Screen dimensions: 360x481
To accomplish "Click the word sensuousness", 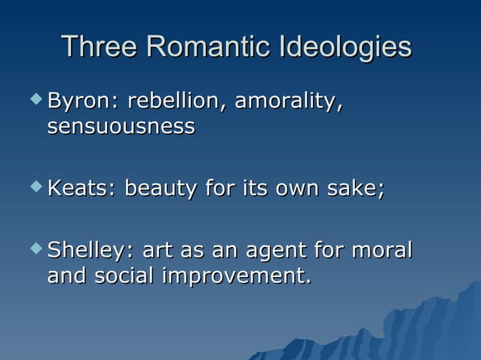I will pos(121,127).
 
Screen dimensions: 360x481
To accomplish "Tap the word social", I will pos(125,276).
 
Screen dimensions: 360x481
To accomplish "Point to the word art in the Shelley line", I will pos(159,250).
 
